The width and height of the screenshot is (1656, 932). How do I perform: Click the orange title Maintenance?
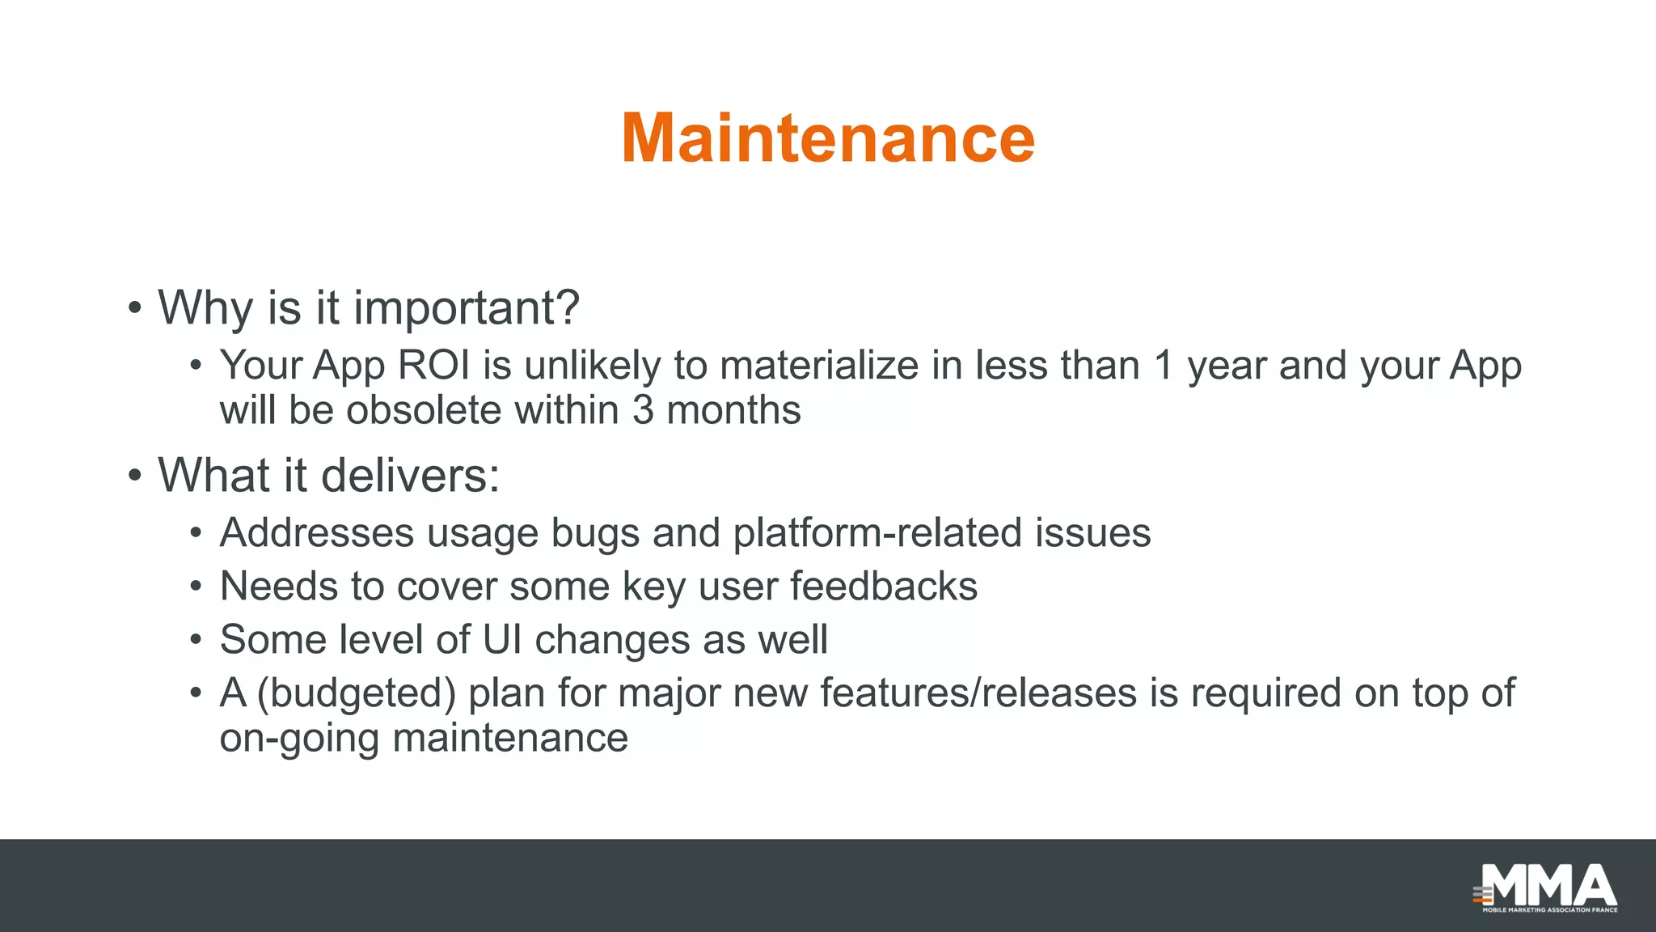(828, 138)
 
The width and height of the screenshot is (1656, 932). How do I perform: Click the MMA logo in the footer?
(1547, 888)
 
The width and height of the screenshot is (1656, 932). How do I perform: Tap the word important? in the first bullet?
(467, 308)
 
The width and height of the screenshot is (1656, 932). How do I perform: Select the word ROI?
(434, 366)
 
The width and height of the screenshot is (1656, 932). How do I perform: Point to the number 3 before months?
(643, 410)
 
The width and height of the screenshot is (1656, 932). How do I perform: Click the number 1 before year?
(1164, 366)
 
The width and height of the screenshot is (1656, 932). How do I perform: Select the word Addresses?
(317, 533)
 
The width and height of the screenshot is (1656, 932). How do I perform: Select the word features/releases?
(978, 693)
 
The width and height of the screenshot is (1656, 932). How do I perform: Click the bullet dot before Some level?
(196, 641)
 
